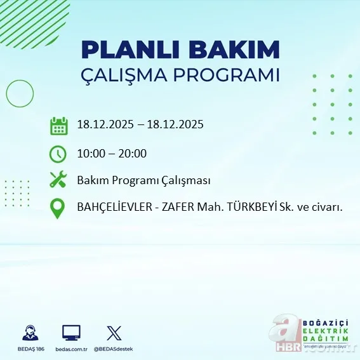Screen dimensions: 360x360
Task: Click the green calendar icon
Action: pos(58,125)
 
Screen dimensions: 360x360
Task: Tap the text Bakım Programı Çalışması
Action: pos(143,180)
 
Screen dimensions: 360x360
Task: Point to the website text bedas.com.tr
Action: pos(71,349)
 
